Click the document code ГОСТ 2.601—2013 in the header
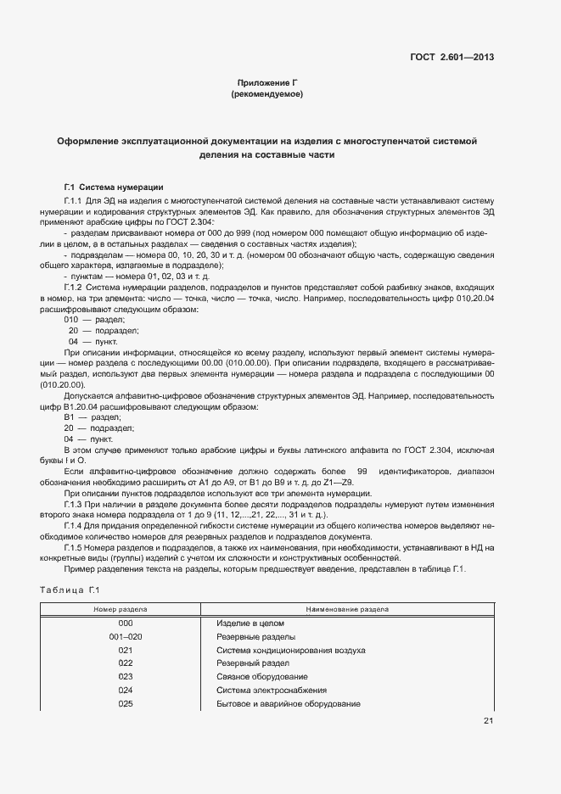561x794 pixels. tap(451, 58)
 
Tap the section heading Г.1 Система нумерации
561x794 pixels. tap(114, 187)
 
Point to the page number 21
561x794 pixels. tap(488, 721)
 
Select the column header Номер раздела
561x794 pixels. tap(121, 609)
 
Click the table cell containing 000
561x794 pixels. tap(126, 623)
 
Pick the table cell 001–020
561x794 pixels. tap(126, 636)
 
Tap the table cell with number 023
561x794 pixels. tap(126, 677)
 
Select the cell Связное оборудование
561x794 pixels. tap(261, 677)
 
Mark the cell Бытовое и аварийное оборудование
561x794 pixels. tap(289, 704)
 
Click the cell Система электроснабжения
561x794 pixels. tap(271, 691)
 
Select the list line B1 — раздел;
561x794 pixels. tap(93, 418)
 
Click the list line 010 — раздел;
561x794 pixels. tap(94, 320)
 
